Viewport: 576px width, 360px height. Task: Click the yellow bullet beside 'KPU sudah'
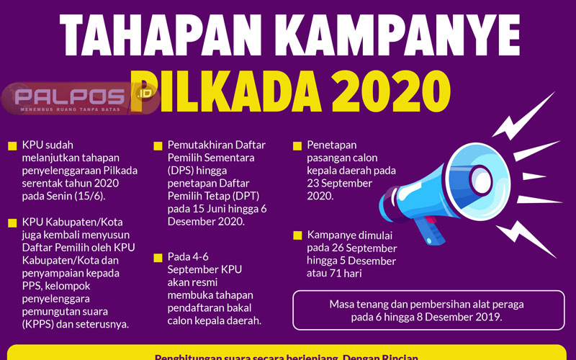(12, 146)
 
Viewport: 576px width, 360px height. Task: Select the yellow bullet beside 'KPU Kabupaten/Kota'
(12, 222)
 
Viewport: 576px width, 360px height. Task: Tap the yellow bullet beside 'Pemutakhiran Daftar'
(158, 146)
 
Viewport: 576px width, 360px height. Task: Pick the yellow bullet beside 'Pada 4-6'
(158, 257)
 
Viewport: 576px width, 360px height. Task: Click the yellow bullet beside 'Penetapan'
(297, 146)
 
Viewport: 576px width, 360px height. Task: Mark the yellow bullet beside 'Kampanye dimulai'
(297, 235)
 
